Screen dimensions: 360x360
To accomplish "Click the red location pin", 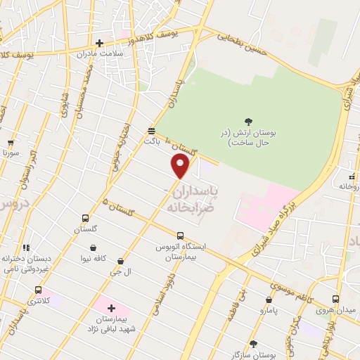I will coord(181,166).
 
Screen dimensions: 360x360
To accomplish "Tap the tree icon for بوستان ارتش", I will coord(248,122).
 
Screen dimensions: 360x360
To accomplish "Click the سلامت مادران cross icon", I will coord(99,44).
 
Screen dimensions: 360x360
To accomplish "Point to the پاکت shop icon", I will coord(151,131).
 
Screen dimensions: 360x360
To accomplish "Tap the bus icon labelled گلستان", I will coord(86,219).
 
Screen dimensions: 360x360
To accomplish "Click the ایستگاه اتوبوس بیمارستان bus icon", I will coord(181,236).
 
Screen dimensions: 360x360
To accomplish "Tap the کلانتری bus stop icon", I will coord(38,290).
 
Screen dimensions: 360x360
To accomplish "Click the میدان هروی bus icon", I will coord(335,299).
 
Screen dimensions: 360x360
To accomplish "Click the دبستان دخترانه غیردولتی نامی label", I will coord(26,264).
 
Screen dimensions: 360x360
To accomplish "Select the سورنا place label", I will coord(10,153).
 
